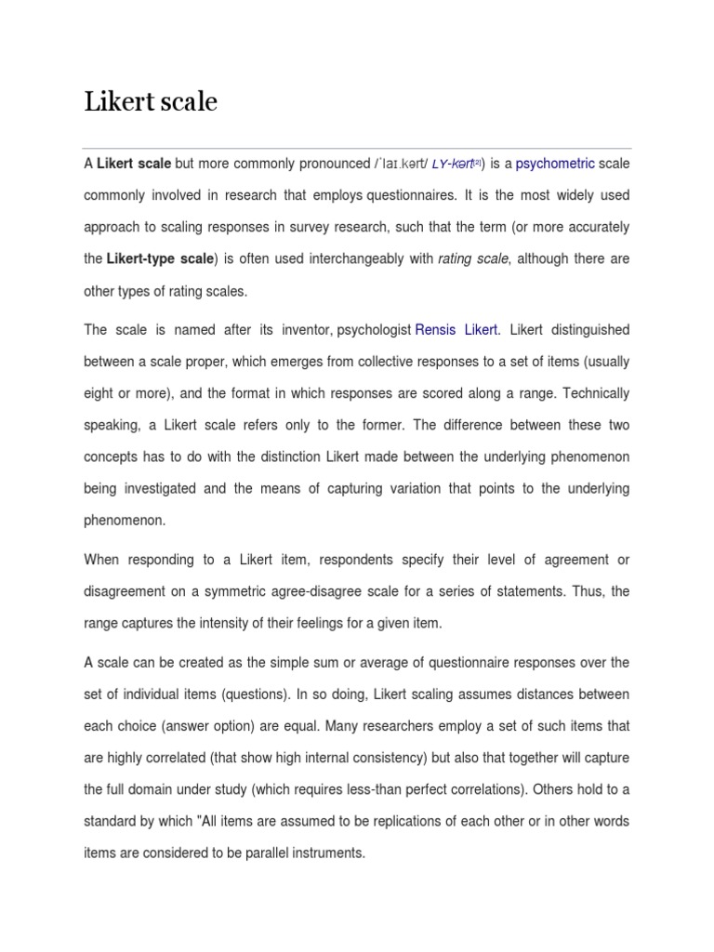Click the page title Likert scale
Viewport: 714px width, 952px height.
pyautogui.click(x=151, y=101)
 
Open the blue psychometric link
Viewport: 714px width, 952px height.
pyautogui.click(x=555, y=164)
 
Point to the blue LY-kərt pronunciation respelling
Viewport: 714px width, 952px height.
pyautogui.click(x=453, y=164)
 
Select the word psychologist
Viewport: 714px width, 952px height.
pyautogui.click(x=375, y=330)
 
